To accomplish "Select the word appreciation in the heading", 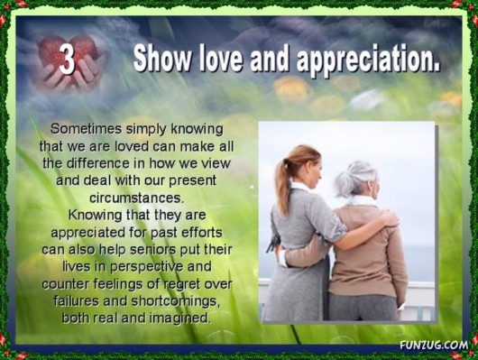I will (370, 61).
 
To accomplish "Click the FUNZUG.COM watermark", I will (434, 344).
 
